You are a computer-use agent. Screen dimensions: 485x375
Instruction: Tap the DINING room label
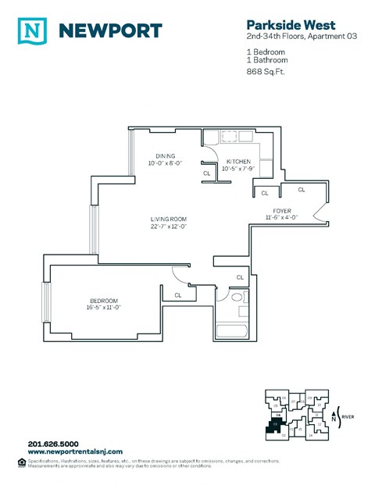[x=165, y=155]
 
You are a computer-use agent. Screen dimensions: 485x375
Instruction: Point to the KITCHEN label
[x=238, y=161]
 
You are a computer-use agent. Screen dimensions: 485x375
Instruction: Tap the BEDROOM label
[x=103, y=301]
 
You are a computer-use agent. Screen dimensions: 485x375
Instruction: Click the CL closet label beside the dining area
[x=206, y=173]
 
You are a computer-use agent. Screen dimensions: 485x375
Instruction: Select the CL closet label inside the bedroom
[x=178, y=294]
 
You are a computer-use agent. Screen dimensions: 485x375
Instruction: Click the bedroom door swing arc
[x=178, y=275]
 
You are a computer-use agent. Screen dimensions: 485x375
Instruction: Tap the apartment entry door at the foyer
[x=316, y=212]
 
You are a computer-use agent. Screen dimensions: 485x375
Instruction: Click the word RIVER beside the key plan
[x=348, y=417]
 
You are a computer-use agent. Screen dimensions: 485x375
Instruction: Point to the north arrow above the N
[x=335, y=410]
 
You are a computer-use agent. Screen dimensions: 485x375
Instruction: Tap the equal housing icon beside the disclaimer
[x=21, y=462]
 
